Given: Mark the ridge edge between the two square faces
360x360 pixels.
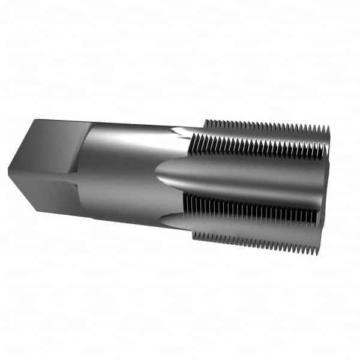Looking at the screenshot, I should [x=42, y=174].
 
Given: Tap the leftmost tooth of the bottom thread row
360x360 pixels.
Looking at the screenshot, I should [x=196, y=234].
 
